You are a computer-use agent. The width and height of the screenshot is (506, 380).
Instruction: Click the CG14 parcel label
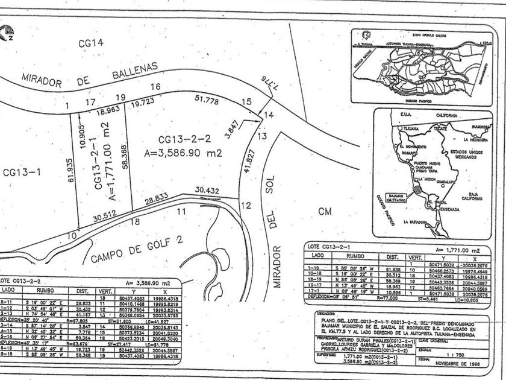click(90, 43)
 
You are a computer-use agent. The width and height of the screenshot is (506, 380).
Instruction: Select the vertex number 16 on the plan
click(155, 87)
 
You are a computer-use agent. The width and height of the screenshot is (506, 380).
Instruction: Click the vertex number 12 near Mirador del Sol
click(246, 205)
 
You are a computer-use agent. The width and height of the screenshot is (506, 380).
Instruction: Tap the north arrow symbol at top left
click(8, 30)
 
